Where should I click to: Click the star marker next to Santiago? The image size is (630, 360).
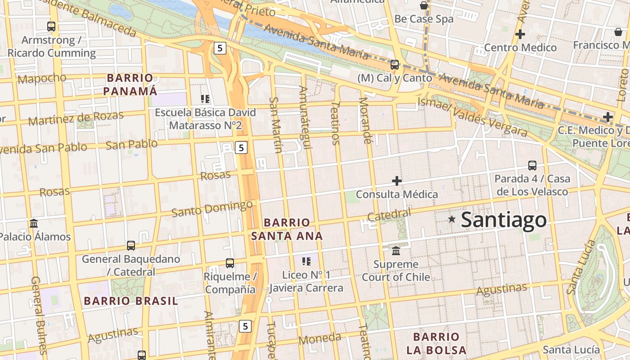pyautogui.click(x=452, y=220)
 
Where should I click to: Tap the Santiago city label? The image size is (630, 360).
pyautogui.click(x=504, y=220)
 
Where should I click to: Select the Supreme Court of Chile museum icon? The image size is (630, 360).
pyautogui.click(x=396, y=251)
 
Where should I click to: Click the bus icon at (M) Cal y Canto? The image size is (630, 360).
pyautogui.click(x=395, y=65)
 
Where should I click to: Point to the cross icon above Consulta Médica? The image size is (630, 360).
pyautogui.click(x=396, y=181)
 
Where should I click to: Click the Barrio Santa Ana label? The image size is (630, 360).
pyautogui.click(x=287, y=229)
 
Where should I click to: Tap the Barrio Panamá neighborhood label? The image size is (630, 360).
pyautogui.click(x=130, y=85)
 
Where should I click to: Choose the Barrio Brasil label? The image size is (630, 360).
pyautogui.click(x=131, y=301)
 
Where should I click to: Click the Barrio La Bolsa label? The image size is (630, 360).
pyautogui.click(x=436, y=343)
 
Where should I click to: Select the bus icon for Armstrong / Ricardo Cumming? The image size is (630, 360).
pyautogui.click(x=51, y=27)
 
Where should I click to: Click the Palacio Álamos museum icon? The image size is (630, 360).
pyautogui.click(x=34, y=223)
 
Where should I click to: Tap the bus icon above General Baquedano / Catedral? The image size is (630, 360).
pyautogui.click(x=131, y=246)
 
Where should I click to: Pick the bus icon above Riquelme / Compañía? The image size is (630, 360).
pyautogui.click(x=230, y=263)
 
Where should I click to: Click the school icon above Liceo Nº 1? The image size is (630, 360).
pyautogui.click(x=306, y=261)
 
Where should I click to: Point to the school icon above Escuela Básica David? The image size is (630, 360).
pyautogui.click(x=205, y=99)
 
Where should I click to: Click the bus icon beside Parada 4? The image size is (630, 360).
pyautogui.click(x=532, y=166)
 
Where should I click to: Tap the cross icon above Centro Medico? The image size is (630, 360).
pyautogui.click(x=520, y=34)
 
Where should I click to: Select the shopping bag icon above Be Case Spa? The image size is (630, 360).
pyautogui.click(x=423, y=5)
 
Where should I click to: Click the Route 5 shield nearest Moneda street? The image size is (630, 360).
pyautogui.click(x=245, y=326)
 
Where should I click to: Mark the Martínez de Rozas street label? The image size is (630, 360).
pyautogui.click(x=76, y=118)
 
